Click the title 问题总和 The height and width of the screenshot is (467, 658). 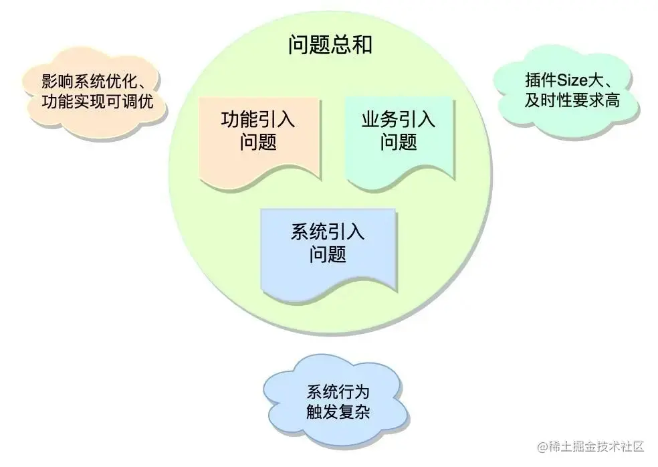330,45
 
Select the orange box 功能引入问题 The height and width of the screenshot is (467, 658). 257,137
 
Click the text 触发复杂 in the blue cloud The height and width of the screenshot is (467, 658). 337,411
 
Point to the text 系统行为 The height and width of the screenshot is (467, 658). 337,391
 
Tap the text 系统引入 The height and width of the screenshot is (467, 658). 328,233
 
